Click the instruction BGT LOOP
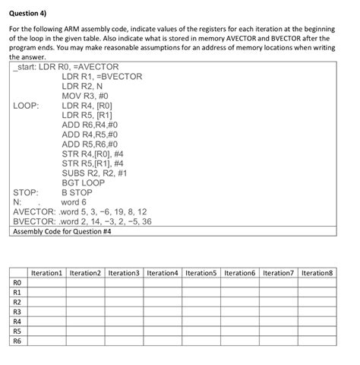[84, 182]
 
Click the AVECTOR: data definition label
[36, 211]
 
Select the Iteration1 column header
[46, 272]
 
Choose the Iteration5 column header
[201, 272]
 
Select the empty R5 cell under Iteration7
[279, 331]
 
